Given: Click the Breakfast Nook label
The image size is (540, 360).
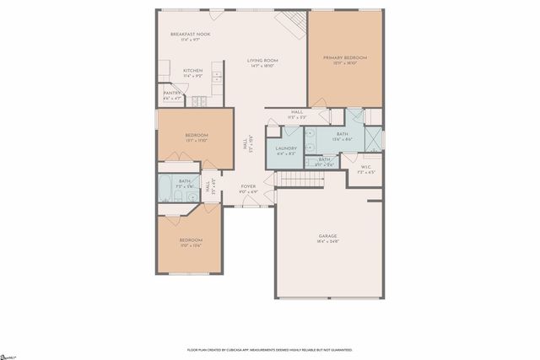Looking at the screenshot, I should pos(190,35).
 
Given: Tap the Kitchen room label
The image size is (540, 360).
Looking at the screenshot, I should pos(193,70).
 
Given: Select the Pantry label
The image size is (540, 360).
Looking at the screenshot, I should pos(171,93).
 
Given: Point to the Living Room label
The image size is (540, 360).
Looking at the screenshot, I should pos(262,61).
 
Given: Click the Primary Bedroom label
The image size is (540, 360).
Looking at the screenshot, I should pos(345,57).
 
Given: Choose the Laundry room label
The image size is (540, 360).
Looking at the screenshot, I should pos(286,148).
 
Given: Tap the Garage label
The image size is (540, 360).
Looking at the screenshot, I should pos(328,235).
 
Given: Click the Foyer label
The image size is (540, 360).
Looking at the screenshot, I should pos(248,186).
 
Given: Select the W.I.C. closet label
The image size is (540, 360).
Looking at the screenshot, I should pos(365,167).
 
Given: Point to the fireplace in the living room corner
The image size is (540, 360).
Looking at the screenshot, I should pos(292,22).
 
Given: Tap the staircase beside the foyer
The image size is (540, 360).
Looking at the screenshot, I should pos(296,178).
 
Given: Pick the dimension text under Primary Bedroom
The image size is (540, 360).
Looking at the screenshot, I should pos(345,63).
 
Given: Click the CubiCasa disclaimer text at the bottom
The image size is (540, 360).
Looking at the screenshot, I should pos(269,349).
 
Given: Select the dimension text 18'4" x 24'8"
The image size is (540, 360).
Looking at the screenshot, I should pos(328,241).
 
